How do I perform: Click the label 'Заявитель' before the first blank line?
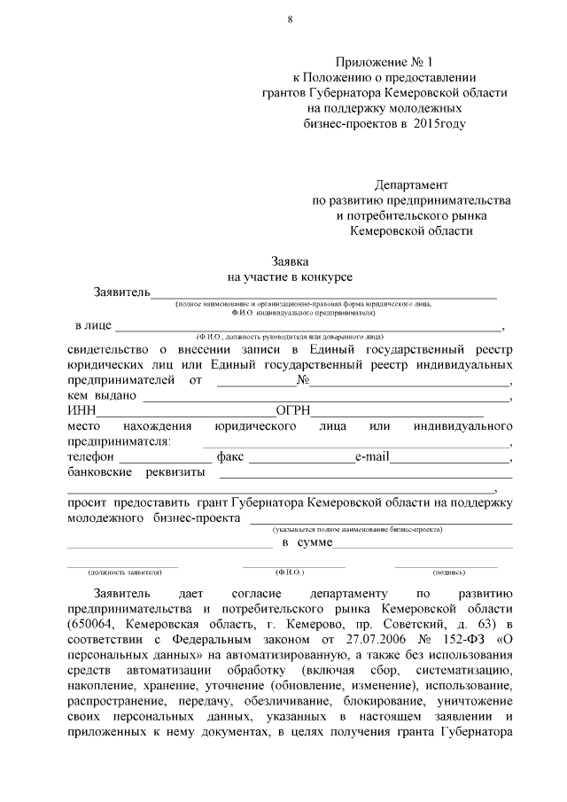pyautogui.click(x=120, y=292)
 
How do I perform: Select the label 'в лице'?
pyautogui.click(x=92, y=325)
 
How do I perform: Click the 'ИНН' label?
pyautogui.click(x=82, y=411)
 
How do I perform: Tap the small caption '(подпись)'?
pyautogui.click(x=447, y=572)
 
